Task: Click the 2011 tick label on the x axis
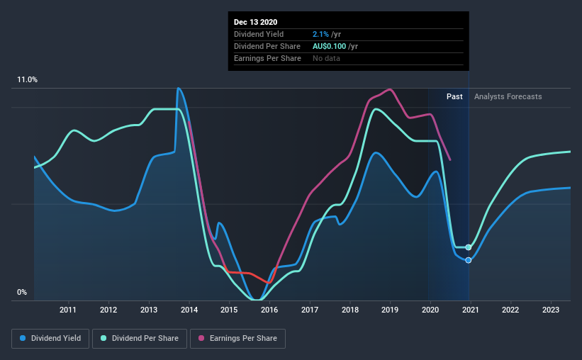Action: point(68,310)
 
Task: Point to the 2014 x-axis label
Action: point(189,310)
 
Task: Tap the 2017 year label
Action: point(310,310)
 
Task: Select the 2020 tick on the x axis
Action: point(431,310)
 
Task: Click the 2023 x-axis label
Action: point(552,310)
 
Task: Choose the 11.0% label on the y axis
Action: point(28,80)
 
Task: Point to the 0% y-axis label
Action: point(22,292)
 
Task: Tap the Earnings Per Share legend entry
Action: point(237,339)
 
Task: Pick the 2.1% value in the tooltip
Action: point(320,34)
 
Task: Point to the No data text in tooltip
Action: point(326,58)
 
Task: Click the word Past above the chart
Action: point(454,96)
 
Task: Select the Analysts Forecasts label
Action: point(508,96)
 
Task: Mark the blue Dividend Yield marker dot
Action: point(469,260)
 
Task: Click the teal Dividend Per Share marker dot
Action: point(469,247)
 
